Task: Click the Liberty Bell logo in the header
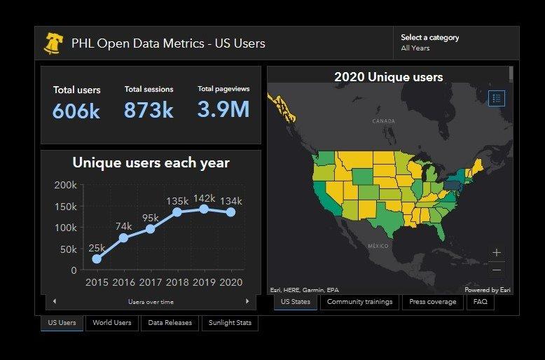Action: coord(53,43)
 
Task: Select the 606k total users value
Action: coord(76,111)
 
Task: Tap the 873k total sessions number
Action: coord(149,110)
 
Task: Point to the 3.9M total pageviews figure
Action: coord(223,109)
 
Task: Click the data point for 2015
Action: coord(97,259)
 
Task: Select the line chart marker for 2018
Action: coord(177,212)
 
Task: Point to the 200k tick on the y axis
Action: coord(65,185)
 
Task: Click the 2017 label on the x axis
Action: coord(150,282)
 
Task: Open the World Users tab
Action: coord(112,323)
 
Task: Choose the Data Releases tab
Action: coord(170,323)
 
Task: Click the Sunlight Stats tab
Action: coord(230,323)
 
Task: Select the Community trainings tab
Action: coord(360,302)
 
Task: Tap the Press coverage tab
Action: coord(432,302)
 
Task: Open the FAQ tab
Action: coord(480,302)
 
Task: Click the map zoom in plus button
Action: coord(497,253)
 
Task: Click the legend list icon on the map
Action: coord(496,98)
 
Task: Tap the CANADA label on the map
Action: coord(384,121)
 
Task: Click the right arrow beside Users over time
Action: coord(247,301)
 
